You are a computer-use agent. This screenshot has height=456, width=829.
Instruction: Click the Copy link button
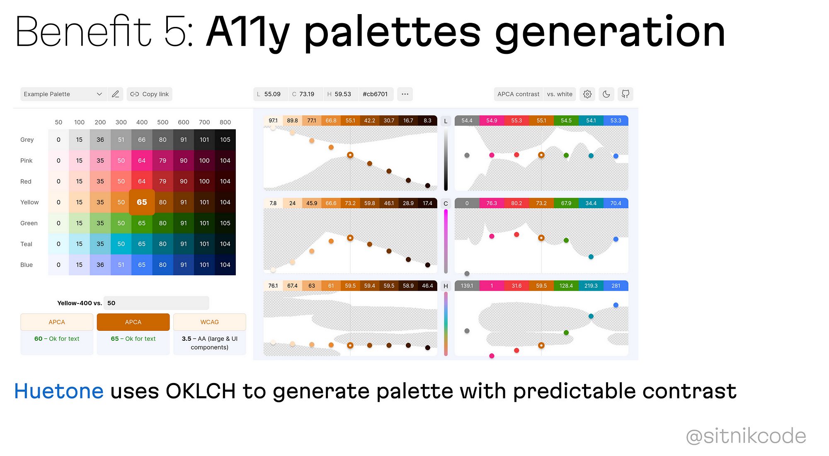(x=150, y=94)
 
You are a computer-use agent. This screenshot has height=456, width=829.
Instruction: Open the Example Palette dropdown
(x=63, y=94)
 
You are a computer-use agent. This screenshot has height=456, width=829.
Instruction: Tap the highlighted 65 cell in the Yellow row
(x=142, y=202)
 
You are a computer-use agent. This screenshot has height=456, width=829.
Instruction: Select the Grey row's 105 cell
(x=225, y=140)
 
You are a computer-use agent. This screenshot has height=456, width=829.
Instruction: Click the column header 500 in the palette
(x=162, y=122)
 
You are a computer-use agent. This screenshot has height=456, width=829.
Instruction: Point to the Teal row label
(x=26, y=244)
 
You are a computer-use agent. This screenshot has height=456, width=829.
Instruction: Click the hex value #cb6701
(x=375, y=94)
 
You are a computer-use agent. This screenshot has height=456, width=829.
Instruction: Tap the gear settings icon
(x=587, y=94)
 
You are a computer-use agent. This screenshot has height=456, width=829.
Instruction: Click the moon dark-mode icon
(x=606, y=94)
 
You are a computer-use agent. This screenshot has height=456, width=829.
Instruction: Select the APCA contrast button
(x=518, y=94)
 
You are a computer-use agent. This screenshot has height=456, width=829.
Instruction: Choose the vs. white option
(x=560, y=94)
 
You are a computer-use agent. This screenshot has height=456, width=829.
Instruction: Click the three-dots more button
(x=405, y=94)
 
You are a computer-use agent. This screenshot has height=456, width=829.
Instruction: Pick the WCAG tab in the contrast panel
(x=210, y=322)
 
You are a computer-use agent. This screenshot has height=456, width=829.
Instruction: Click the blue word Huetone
(x=59, y=391)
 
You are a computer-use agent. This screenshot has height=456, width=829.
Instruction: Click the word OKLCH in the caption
(x=201, y=391)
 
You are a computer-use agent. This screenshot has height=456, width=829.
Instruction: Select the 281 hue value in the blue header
(x=616, y=286)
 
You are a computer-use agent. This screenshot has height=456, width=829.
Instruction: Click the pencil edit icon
(x=116, y=94)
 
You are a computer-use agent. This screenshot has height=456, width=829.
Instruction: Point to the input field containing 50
(x=156, y=303)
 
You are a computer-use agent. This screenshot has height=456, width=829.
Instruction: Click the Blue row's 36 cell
(x=100, y=265)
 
